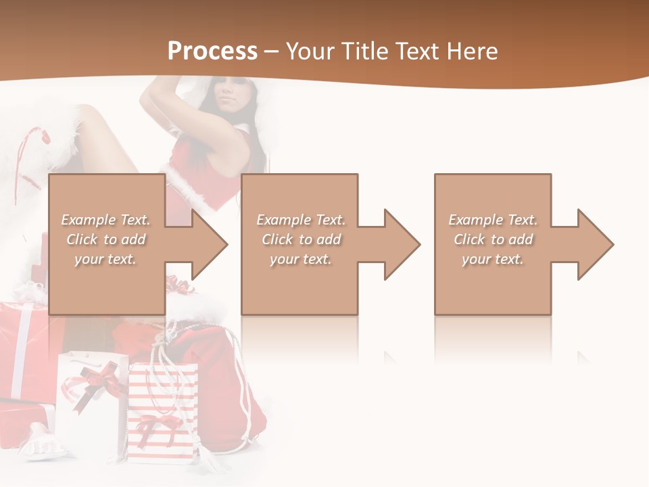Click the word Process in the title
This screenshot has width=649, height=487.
tap(212, 51)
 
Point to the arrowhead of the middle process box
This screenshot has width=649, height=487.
tap(401, 244)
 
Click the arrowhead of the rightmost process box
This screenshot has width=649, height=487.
tap(594, 244)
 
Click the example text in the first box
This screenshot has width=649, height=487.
tap(106, 239)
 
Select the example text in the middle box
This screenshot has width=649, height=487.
tap(301, 239)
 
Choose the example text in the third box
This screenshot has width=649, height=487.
tap(493, 239)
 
